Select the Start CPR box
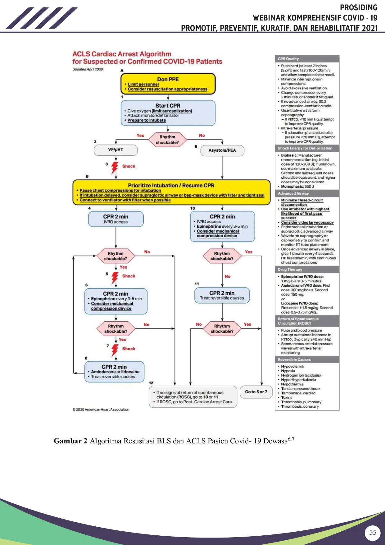coord(168,113)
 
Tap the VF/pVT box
coord(116,150)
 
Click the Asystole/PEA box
coord(222,150)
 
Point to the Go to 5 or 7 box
coord(256,392)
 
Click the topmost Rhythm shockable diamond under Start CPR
coord(167,140)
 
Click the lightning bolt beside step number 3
coord(115,167)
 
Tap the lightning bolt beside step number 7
coord(115,350)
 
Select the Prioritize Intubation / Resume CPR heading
coord(171,185)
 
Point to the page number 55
coord(373,533)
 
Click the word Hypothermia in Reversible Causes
coord(292,384)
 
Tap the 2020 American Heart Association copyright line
coord(101,410)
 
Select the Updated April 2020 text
coord(88,69)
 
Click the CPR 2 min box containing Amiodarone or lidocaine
coord(114,372)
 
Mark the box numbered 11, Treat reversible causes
coord(222,295)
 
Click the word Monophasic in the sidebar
coord(292,186)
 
